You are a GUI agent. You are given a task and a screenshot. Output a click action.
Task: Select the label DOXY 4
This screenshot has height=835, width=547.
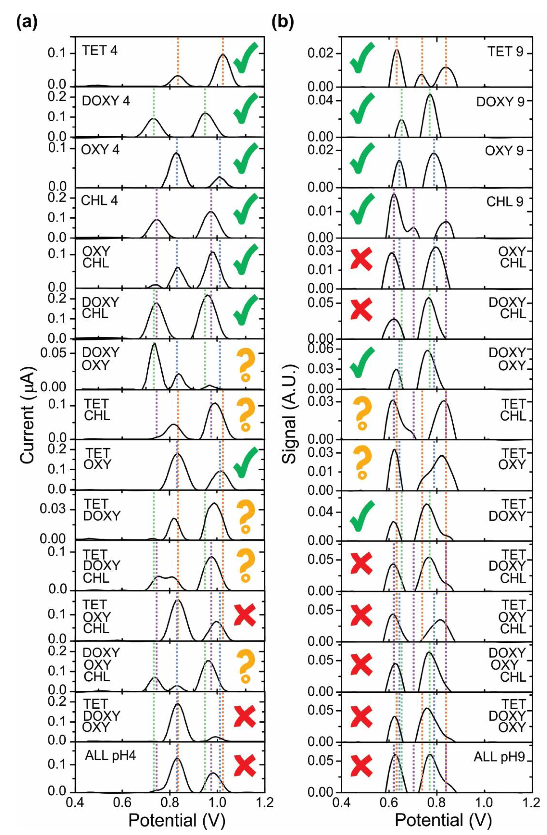106,101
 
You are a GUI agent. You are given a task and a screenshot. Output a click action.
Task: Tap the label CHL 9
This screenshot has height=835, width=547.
504,201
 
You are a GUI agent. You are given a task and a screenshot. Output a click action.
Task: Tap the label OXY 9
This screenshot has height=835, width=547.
504,151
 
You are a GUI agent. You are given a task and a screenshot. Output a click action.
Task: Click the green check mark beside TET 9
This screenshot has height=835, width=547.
361,58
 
